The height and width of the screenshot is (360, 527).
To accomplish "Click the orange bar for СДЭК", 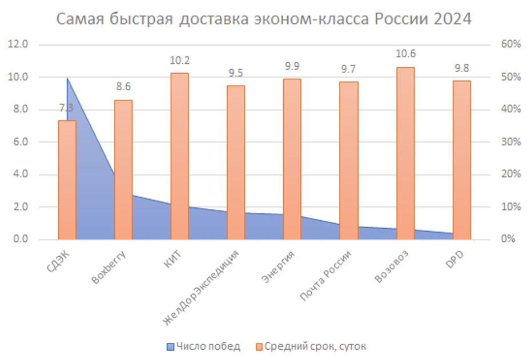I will pyautogui.click(x=67, y=180).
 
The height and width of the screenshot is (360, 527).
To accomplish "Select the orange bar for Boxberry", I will pyautogui.click(x=123, y=169).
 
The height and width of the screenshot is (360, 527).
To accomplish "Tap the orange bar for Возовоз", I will pyautogui.click(x=405, y=153).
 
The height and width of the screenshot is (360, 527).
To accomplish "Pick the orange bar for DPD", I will pyautogui.click(x=461, y=160).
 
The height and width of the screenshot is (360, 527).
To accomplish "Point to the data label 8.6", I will pyautogui.click(x=123, y=87).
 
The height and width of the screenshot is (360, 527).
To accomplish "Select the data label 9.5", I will pyautogui.click(x=236, y=72).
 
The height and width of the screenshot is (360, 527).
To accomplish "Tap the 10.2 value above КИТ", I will pyautogui.click(x=179, y=60).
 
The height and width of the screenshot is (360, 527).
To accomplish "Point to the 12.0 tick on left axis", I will pyautogui.click(x=21, y=45).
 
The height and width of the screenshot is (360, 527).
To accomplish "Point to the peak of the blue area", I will pyautogui.click(x=67, y=78).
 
